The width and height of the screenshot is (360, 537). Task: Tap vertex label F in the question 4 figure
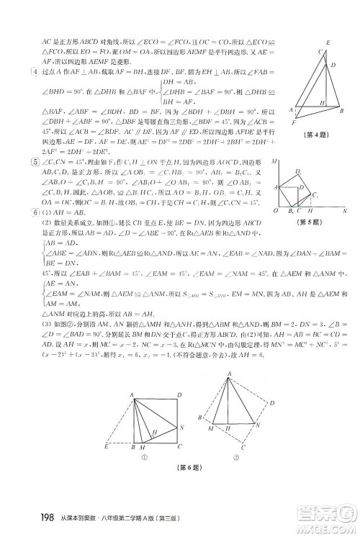click(293, 123)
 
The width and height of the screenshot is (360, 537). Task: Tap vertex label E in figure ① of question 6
click(107, 447)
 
